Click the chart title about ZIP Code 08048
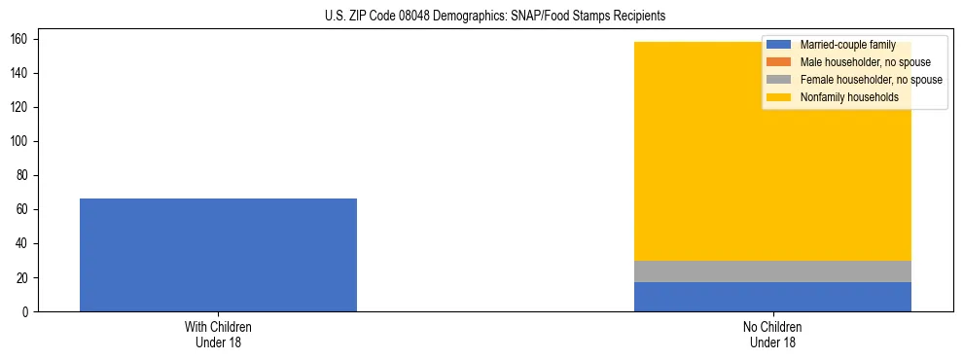[495, 17]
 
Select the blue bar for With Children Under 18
[218, 255]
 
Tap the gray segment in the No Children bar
[772, 271]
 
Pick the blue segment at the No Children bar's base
[772, 297]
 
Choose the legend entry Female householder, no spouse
[871, 80]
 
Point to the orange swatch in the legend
[779, 62]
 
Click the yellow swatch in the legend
[779, 97]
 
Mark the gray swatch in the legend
[779, 80]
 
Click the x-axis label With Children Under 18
[218, 335]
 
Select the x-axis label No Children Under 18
[772, 335]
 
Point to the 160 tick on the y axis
[25, 39]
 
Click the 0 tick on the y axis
[30, 311]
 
